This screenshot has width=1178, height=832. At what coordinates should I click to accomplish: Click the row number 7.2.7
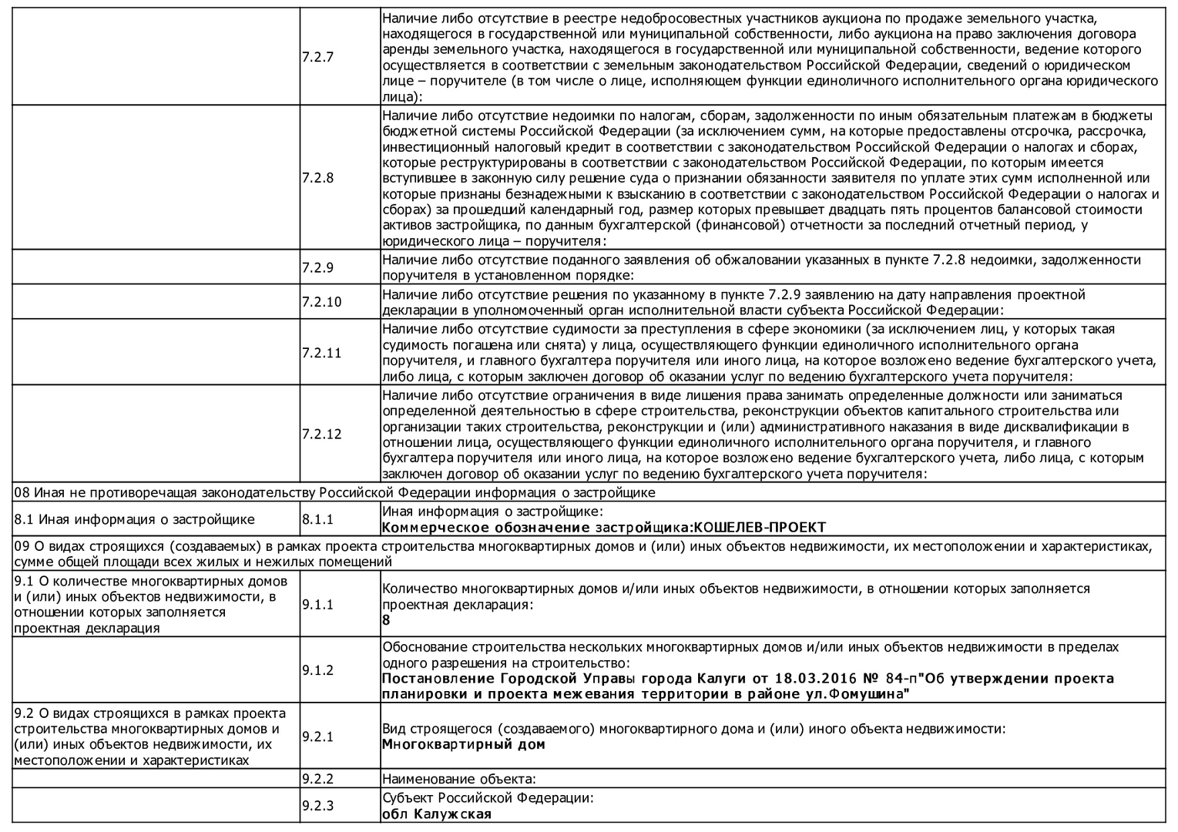pyautogui.click(x=317, y=57)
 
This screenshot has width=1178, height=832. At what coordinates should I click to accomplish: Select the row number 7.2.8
pyautogui.click(x=317, y=178)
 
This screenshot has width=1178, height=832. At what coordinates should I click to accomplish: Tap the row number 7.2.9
pyautogui.click(x=317, y=268)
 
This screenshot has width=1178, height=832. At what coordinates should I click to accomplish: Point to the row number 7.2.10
pyautogui.click(x=321, y=302)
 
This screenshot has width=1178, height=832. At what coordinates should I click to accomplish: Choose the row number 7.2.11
pyautogui.click(x=321, y=353)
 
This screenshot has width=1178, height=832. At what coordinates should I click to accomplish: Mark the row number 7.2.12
pyautogui.click(x=321, y=434)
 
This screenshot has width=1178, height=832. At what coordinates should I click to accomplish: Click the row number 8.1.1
pyautogui.click(x=317, y=520)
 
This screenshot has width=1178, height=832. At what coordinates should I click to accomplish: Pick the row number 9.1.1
pyautogui.click(x=317, y=605)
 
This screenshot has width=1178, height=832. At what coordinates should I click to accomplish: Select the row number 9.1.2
pyautogui.click(x=317, y=670)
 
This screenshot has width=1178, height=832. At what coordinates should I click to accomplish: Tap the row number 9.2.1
pyautogui.click(x=317, y=737)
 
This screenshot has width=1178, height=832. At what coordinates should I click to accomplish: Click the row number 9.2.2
pyautogui.click(x=317, y=780)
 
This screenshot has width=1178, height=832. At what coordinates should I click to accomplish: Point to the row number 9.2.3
pyautogui.click(x=317, y=807)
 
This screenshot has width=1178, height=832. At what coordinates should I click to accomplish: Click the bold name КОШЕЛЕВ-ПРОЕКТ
pyautogui.click(x=760, y=528)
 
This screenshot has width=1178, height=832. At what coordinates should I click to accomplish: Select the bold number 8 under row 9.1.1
pyautogui.click(x=386, y=620)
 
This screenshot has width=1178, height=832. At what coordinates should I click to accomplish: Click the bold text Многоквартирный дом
pyautogui.click(x=464, y=745)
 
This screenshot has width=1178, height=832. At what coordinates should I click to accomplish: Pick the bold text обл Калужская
pyautogui.click(x=437, y=814)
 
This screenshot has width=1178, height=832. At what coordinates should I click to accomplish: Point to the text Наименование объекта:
pyautogui.click(x=458, y=780)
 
